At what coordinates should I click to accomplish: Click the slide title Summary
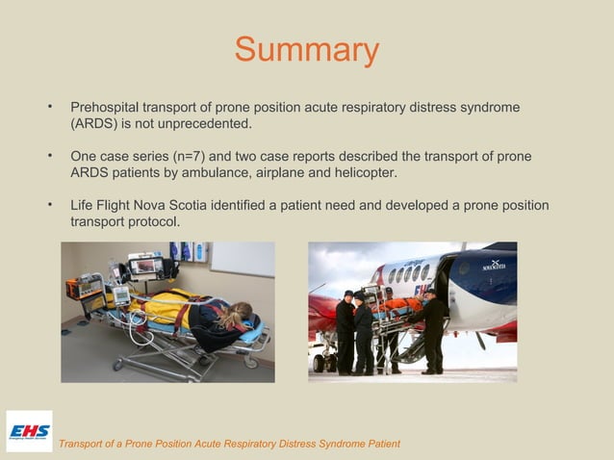point(307,50)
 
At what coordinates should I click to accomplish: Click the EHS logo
point(29,431)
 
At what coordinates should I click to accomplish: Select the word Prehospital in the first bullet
point(105,105)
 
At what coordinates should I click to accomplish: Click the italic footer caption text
point(229,443)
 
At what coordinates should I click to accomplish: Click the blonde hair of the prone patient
point(240,312)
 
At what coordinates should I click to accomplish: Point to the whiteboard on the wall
point(242,258)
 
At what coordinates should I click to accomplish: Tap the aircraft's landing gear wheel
point(320,363)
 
